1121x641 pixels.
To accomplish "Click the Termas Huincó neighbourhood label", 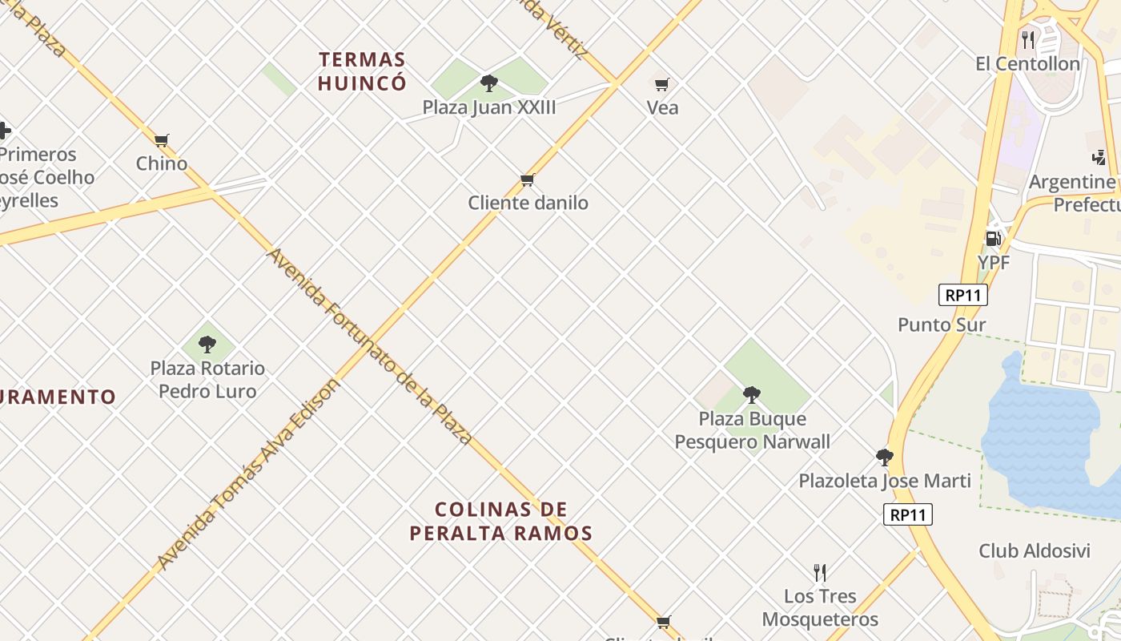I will [x=362, y=71].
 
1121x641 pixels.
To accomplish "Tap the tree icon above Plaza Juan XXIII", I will [x=488, y=83].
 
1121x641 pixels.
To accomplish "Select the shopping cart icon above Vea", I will [x=662, y=84].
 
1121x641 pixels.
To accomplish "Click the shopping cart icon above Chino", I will [x=162, y=140].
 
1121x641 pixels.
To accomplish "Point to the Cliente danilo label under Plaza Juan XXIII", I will [x=528, y=203].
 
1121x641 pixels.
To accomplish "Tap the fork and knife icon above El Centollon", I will [x=1028, y=38].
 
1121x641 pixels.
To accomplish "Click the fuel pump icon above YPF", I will [x=993, y=238].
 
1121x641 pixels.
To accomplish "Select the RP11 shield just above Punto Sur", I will [x=962, y=295].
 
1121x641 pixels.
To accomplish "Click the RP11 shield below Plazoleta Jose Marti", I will [x=908, y=514].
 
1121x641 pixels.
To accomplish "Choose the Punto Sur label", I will [x=942, y=325].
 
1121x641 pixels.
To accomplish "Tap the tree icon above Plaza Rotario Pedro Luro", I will [x=207, y=345].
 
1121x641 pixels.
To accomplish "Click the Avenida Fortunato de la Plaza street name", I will [x=369, y=346].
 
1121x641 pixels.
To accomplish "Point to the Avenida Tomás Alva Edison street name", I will [x=249, y=474].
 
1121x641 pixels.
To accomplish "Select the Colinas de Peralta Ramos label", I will [x=501, y=521].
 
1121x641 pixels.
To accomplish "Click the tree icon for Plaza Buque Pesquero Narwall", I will [x=751, y=394].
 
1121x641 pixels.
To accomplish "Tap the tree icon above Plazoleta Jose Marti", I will [x=884, y=458].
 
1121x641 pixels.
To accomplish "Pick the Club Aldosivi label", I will [x=1035, y=551].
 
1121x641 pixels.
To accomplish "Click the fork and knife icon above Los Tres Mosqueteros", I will [x=819, y=572].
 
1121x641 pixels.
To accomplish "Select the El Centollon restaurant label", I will [x=1027, y=63].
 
